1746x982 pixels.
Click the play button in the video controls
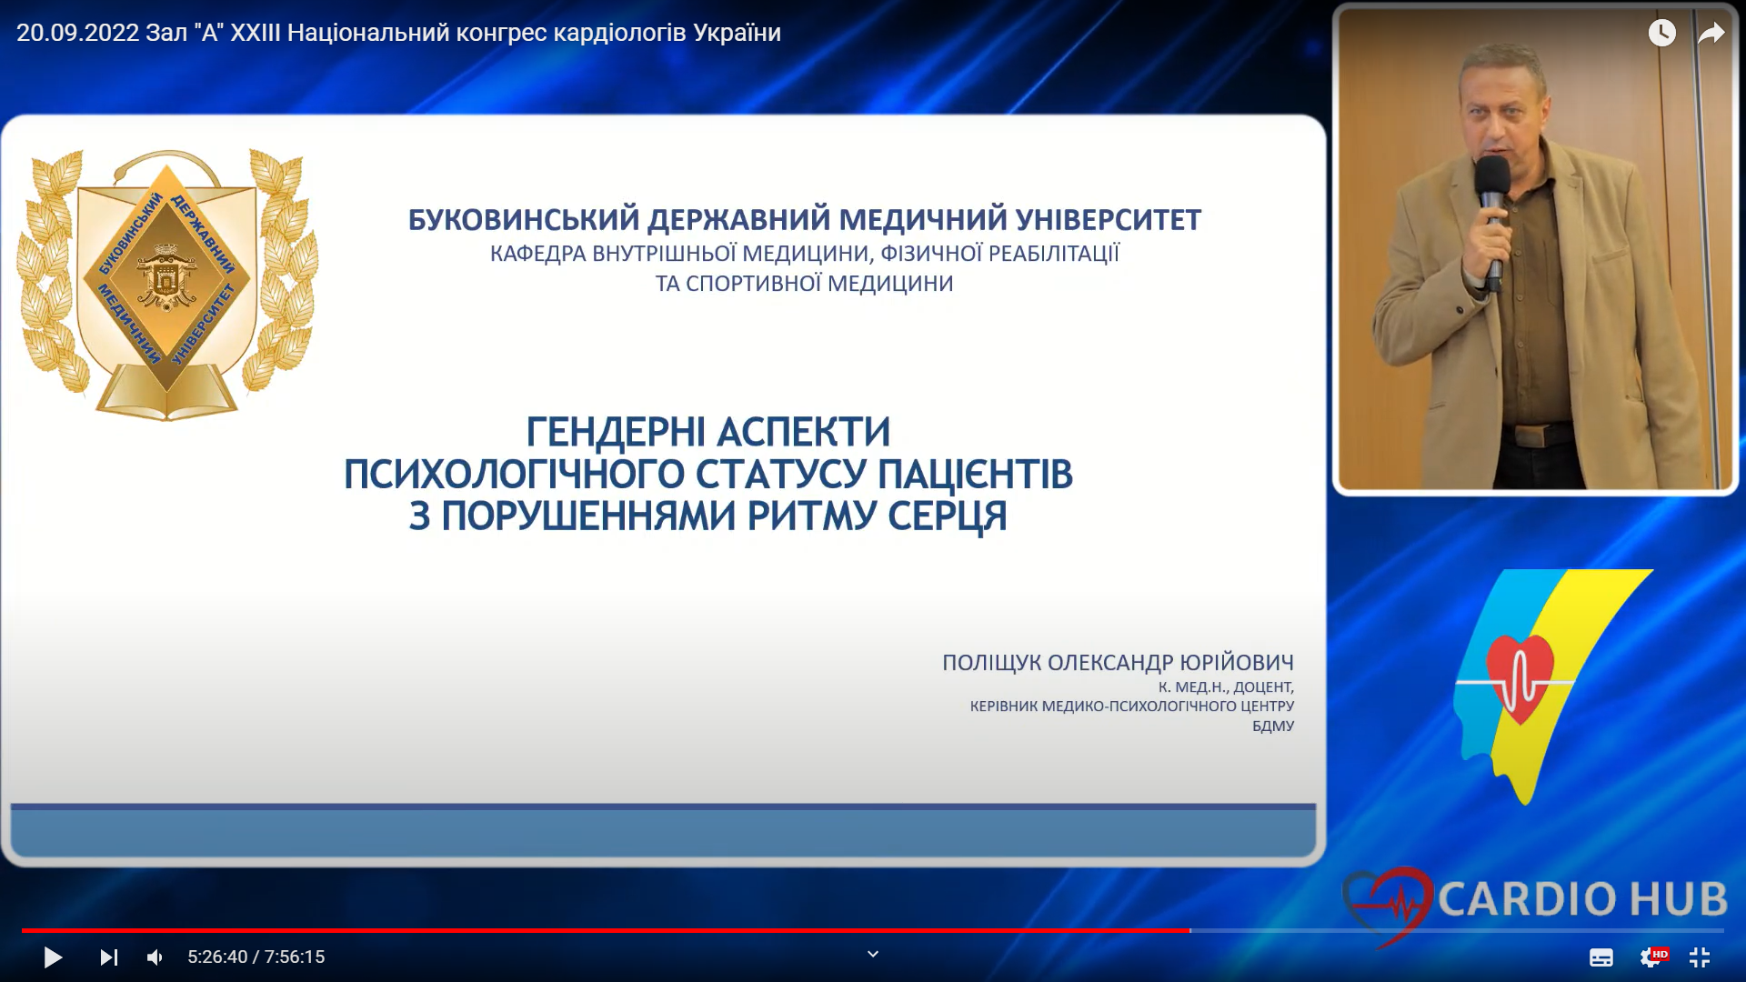pyautogui.click(x=53, y=957)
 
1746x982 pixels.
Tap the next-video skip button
pyautogui.click(x=109, y=957)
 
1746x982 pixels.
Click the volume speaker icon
pyautogui.click(x=156, y=957)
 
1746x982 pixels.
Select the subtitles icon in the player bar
pyautogui.click(x=1601, y=957)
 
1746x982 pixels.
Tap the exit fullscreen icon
pyautogui.click(x=1700, y=957)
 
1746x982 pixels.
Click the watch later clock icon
pyautogui.click(x=1662, y=33)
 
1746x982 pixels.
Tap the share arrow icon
pyautogui.click(x=1711, y=34)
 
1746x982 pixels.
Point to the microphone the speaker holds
pyautogui.click(x=1492, y=218)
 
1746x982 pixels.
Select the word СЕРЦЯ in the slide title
pyautogui.click(x=948, y=516)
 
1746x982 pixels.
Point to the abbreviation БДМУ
pyautogui.click(x=1273, y=726)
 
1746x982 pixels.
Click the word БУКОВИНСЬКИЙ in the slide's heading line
pyautogui.click(x=524, y=220)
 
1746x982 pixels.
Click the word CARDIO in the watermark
pyautogui.click(x=1526, y=899)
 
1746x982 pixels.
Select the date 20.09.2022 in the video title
pyautogui.click(x=78, y=33)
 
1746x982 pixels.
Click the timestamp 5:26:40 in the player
pyautogui.click(x=217, y=957)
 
